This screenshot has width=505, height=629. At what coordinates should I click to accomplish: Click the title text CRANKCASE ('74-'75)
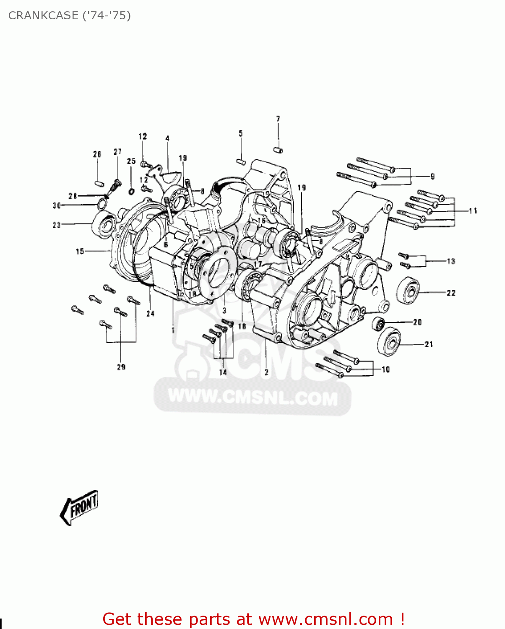[70, 16]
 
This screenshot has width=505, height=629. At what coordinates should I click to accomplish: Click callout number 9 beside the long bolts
[432, 177]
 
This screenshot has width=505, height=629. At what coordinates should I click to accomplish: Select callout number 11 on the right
[473, 211]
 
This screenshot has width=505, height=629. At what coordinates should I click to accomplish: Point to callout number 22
[451, 293]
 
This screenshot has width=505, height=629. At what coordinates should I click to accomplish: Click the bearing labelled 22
[408, 291]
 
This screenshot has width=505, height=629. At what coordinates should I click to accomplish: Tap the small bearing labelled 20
[378, 323]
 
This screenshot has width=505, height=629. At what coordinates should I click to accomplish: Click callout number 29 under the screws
[121, 367]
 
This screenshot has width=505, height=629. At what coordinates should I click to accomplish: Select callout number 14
[223, 372]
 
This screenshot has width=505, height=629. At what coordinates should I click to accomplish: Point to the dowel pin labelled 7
[278, 150]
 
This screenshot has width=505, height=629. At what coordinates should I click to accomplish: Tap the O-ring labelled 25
[131, 192]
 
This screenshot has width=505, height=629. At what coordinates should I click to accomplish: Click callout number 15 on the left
[80, 252]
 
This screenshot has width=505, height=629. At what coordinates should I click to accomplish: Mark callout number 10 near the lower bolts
[385, 369]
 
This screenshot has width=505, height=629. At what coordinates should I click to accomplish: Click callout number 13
[451, 261]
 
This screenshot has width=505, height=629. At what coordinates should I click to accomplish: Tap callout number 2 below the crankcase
[266, 372]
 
